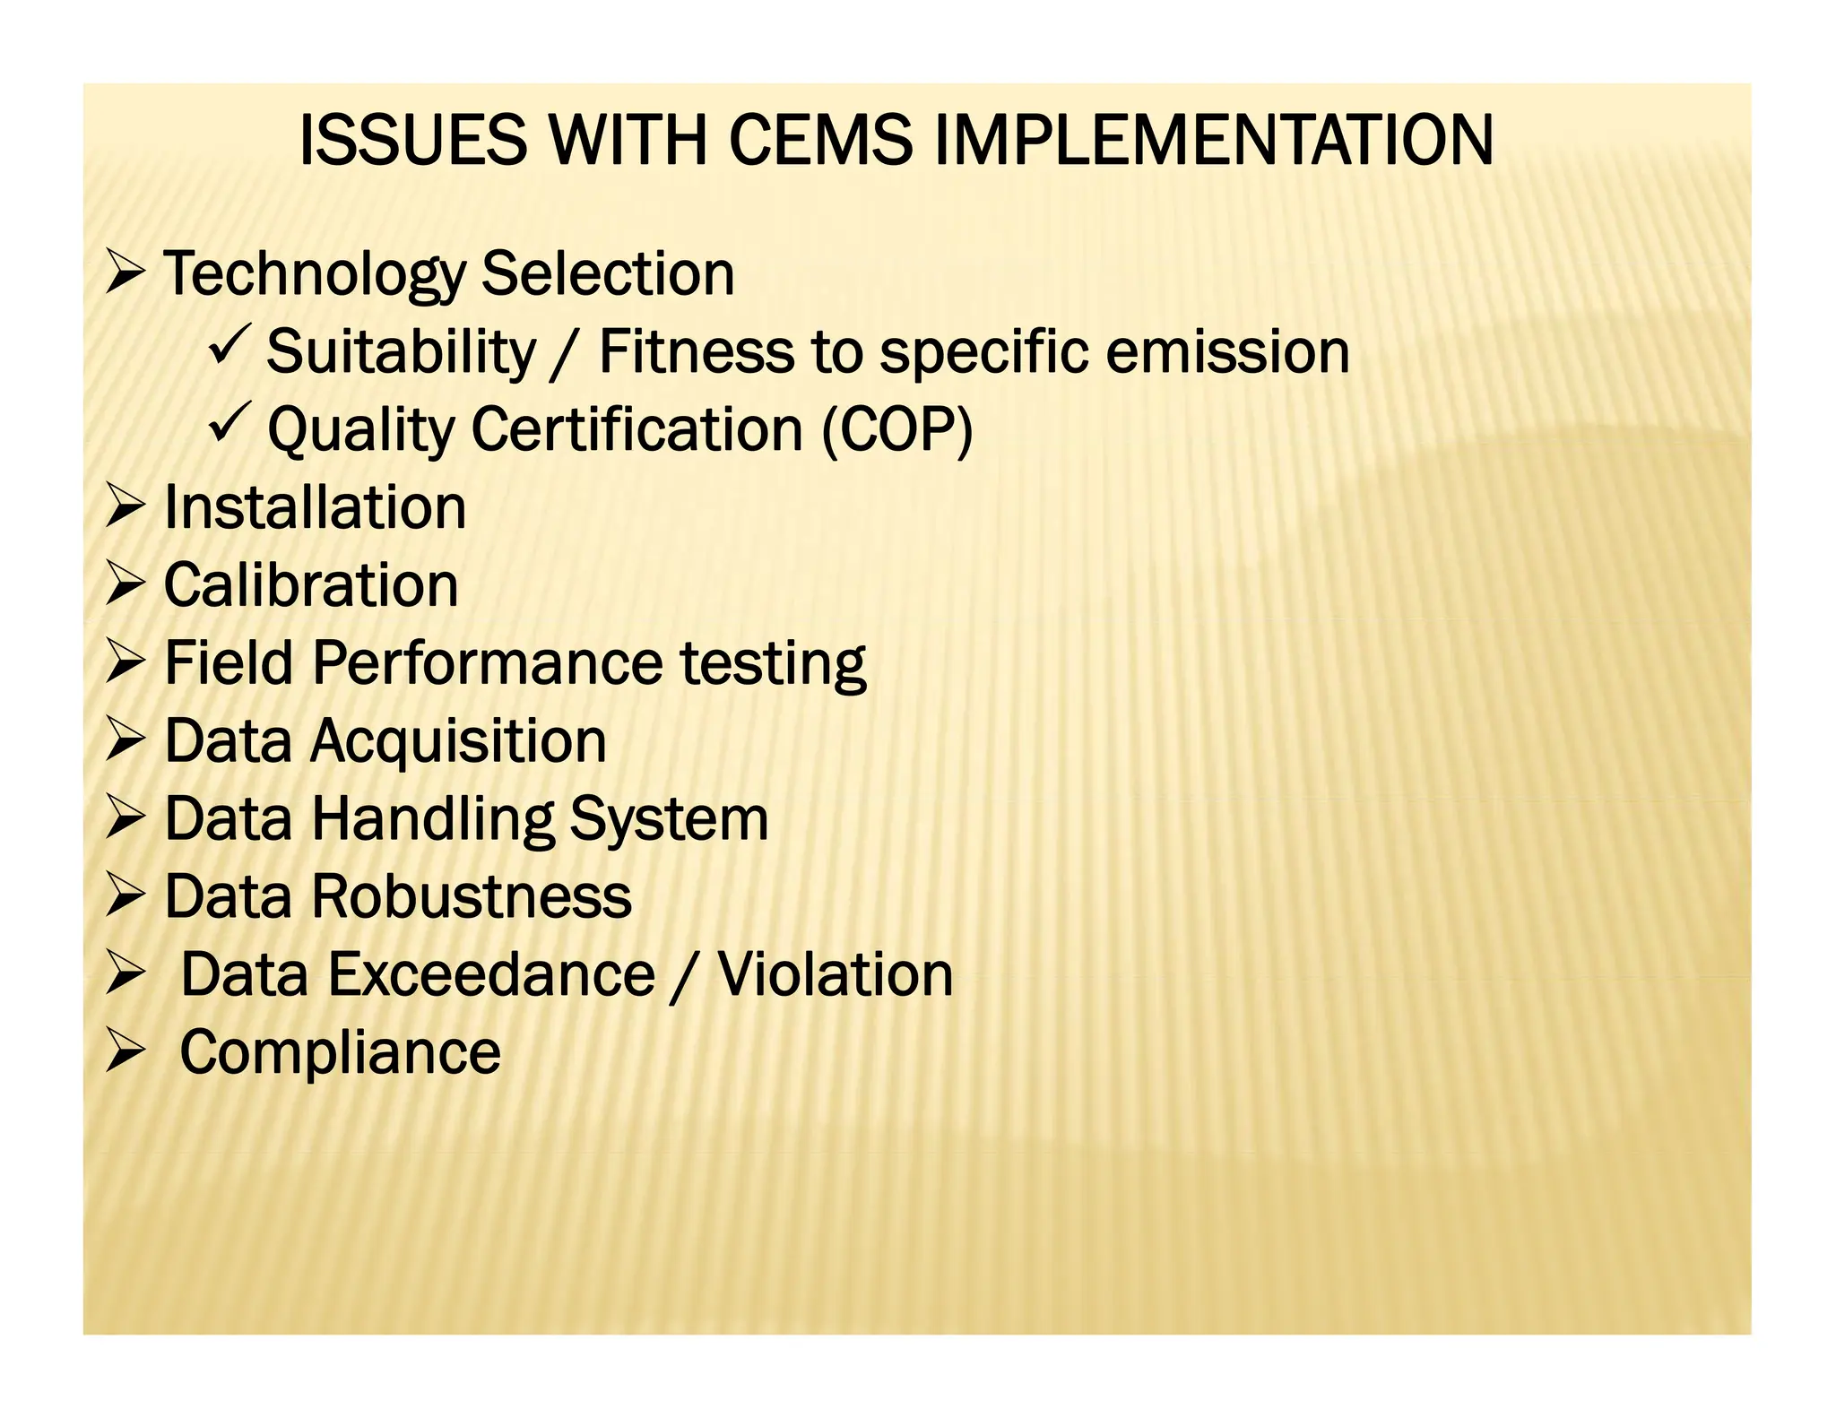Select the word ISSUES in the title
[412, 142]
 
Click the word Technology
[314, 274]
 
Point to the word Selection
[609, 274]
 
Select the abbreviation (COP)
[897, 430]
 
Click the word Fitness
[696, 351]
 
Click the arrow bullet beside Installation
[124, 506]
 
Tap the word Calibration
[311, 585]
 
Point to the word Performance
[488, 663]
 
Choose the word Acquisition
[458, 742]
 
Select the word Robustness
[472, 897]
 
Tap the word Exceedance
[418, 975]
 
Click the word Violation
[835, 975]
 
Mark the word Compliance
[341, 1053]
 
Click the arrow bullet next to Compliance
[124, 1051]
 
